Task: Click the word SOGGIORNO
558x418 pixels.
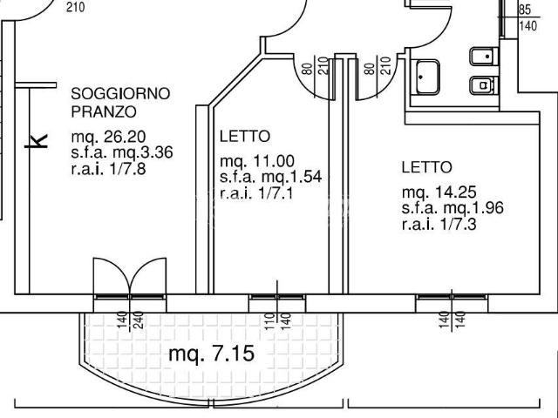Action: click(120, 94)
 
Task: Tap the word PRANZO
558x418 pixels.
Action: click(104, 111)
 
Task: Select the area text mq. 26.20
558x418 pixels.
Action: click(108, 137)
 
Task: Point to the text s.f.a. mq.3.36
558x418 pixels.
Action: click(122, 152)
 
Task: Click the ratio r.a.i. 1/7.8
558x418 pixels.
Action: click(108, 168)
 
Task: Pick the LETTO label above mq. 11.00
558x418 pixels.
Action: click(245, 137)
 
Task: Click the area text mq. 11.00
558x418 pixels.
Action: click(257, 161)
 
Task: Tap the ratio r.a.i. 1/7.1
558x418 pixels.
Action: click(256, 193)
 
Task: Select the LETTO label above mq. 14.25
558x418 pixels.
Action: click(427, 167)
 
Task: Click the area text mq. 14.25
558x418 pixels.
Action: click(439, 192)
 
